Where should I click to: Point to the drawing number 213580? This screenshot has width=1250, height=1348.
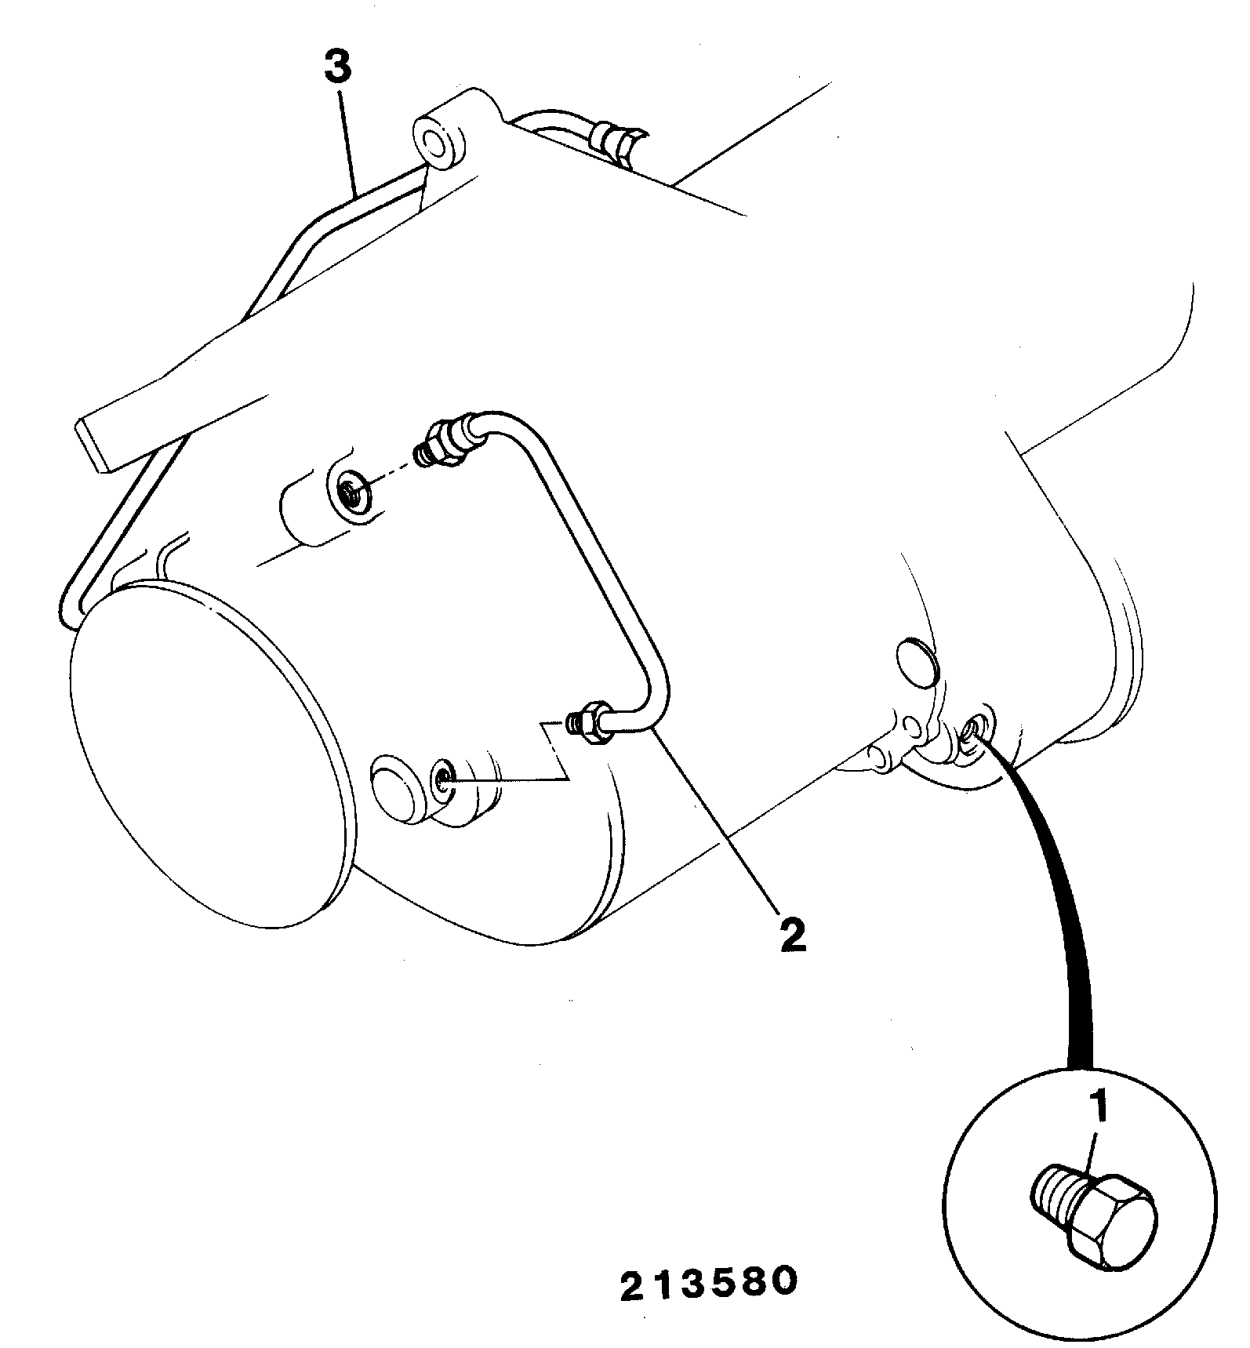click(709, 1281)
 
